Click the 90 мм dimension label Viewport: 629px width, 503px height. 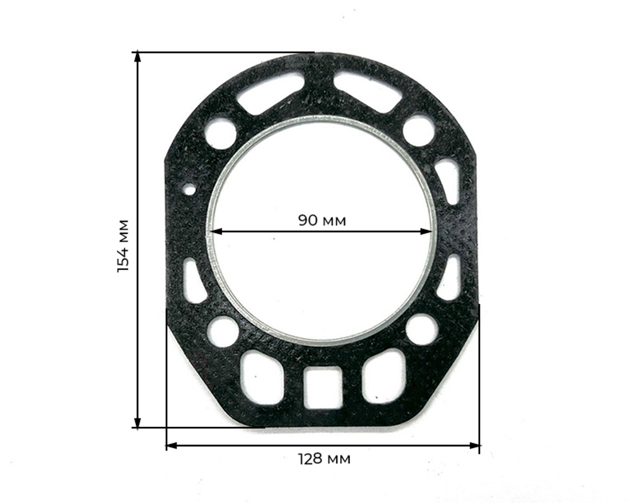[x=322, y=220]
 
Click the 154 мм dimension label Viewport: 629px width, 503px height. [x=123, y=246]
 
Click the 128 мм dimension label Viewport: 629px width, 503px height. [x=324, y=458]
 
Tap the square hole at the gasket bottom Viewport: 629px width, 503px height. [x=323, y=385]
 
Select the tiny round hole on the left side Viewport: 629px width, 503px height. [x=189, y=188]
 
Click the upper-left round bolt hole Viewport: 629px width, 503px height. [x=221, y=132]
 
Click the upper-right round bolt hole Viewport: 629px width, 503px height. [x=418, y=130]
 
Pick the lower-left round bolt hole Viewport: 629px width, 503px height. [x=223, y=331]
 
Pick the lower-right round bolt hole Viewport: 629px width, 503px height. [x=421, y=329]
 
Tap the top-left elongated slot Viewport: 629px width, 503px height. [x=272, y=92]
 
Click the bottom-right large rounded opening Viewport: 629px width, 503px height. [x=383, y=376]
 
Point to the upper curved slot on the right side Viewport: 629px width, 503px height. [x=448, y=180]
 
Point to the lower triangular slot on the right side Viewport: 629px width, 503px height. [x=450, y=277]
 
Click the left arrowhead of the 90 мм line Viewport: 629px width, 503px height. [x=214, y=232]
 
